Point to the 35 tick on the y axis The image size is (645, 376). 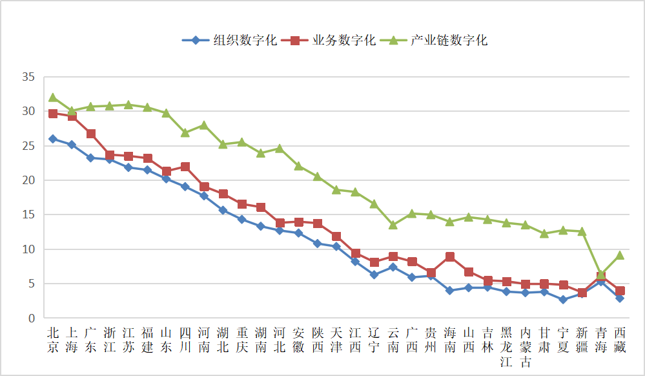coord(28,77)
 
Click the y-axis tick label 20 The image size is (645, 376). coord(28,180)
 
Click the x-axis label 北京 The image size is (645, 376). coord(53,339)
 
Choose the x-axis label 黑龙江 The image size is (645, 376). coord(506,347)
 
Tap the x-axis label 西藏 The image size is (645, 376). coord(619,339)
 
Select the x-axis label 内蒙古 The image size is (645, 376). coord(526,347)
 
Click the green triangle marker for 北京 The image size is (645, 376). coord(53,98)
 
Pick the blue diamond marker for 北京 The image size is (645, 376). coord(53,139)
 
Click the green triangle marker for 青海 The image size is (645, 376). coord(600,274)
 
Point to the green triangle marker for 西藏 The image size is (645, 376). coord(619,255)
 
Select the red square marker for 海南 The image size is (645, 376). coord(449,256)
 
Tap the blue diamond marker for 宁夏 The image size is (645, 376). coord(563,299)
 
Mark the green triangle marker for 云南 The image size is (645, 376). coord(393,225)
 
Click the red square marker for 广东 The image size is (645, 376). coord(91,134)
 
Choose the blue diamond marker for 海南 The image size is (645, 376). coord(449,290)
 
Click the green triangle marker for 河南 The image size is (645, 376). coord(204,125)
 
